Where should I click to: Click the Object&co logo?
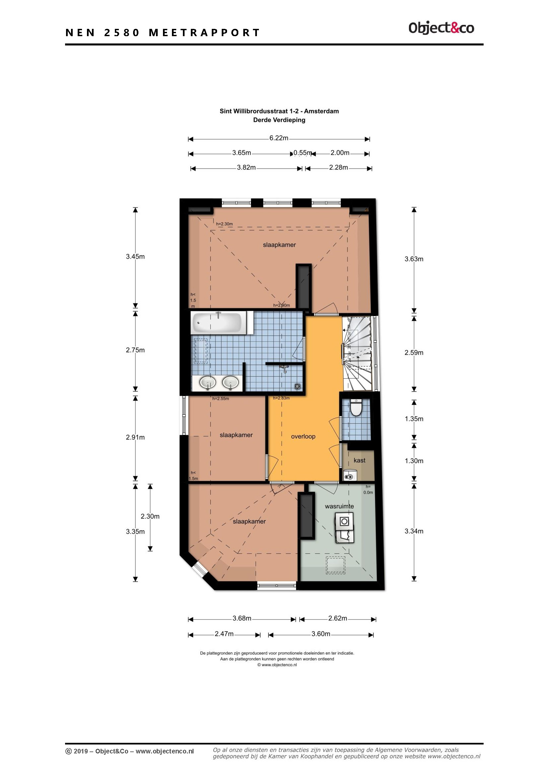[441, 28]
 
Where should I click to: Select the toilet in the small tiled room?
[355, 408]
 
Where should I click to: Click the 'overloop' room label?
[303, 436]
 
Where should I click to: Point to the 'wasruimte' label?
[340, 506]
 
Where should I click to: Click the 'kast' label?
[359, 460]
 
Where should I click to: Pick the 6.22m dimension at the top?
[279, 138]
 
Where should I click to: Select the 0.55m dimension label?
[303, 153]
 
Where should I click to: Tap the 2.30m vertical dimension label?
[150, 516]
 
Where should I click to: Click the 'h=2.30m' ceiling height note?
[224, 224]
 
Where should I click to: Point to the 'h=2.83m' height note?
[281, 398]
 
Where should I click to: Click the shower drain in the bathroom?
[297, 386]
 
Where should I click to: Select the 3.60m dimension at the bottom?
[321, 634]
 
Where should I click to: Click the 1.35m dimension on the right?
[414, 419]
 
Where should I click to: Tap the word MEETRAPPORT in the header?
[204, 33]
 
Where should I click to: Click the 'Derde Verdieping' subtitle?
[279, 120]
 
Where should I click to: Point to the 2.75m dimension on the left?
[135, 350]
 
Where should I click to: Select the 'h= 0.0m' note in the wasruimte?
[368, 489]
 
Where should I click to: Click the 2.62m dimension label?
[338, 618]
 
